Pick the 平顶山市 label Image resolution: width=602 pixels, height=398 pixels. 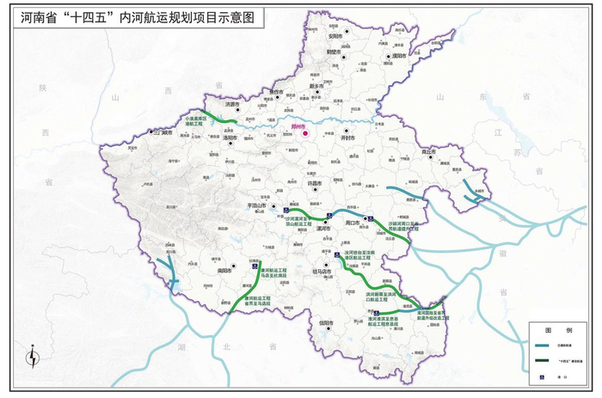(261, 206)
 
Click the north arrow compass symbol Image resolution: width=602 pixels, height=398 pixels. (33, 355)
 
